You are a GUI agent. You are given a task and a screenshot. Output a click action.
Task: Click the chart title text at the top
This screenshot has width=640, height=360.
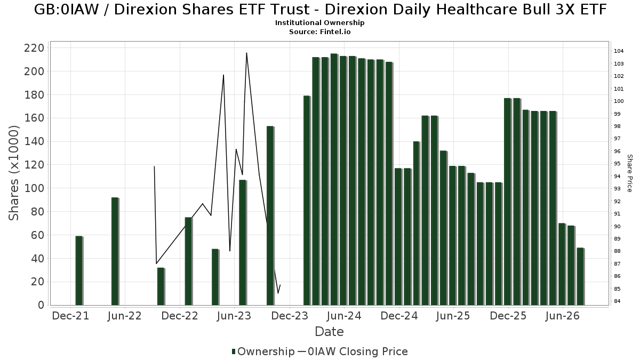point(320,10)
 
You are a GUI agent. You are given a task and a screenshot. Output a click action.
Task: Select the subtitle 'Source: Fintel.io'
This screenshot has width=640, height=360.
point(319,31)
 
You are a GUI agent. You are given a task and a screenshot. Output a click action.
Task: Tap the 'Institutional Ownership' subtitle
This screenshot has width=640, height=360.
point(319,23)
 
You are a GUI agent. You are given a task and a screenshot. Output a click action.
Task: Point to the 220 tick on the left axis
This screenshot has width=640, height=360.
point(34,48)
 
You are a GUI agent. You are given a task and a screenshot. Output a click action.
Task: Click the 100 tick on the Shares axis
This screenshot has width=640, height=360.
point(34,188)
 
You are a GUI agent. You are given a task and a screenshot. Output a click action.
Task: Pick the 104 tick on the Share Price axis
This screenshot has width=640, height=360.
point(619,51)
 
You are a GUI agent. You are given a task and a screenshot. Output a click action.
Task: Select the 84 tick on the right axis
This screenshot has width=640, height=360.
point(617,301)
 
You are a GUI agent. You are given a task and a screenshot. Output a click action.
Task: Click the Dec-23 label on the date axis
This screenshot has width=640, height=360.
point(290,316)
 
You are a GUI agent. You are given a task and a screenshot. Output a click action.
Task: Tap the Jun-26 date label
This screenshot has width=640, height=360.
point(562,316)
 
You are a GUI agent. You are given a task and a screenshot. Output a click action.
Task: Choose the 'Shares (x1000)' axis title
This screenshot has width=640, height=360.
point(13,173)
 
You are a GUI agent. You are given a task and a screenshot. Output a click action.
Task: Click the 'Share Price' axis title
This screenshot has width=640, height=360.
point(630,173)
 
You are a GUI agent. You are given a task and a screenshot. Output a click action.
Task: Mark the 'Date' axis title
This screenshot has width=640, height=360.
point(329,332)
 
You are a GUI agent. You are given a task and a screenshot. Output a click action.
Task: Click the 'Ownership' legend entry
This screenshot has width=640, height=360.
point(263,351)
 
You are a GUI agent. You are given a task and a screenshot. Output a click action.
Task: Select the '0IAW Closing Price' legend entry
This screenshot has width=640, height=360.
point(353,351)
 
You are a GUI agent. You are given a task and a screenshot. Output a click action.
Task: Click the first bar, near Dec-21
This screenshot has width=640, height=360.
point(79,270)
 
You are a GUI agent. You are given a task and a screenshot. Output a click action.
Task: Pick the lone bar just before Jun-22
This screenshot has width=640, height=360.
point(115,251)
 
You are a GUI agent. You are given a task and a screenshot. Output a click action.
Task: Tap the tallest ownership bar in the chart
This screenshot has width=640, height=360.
point(334,179)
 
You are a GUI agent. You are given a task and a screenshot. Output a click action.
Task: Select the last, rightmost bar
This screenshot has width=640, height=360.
point(581,277)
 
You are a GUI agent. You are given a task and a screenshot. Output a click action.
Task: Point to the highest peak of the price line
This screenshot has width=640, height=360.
point(246,53)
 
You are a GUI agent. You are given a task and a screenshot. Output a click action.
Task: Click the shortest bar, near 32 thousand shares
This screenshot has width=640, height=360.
point(161,286)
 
